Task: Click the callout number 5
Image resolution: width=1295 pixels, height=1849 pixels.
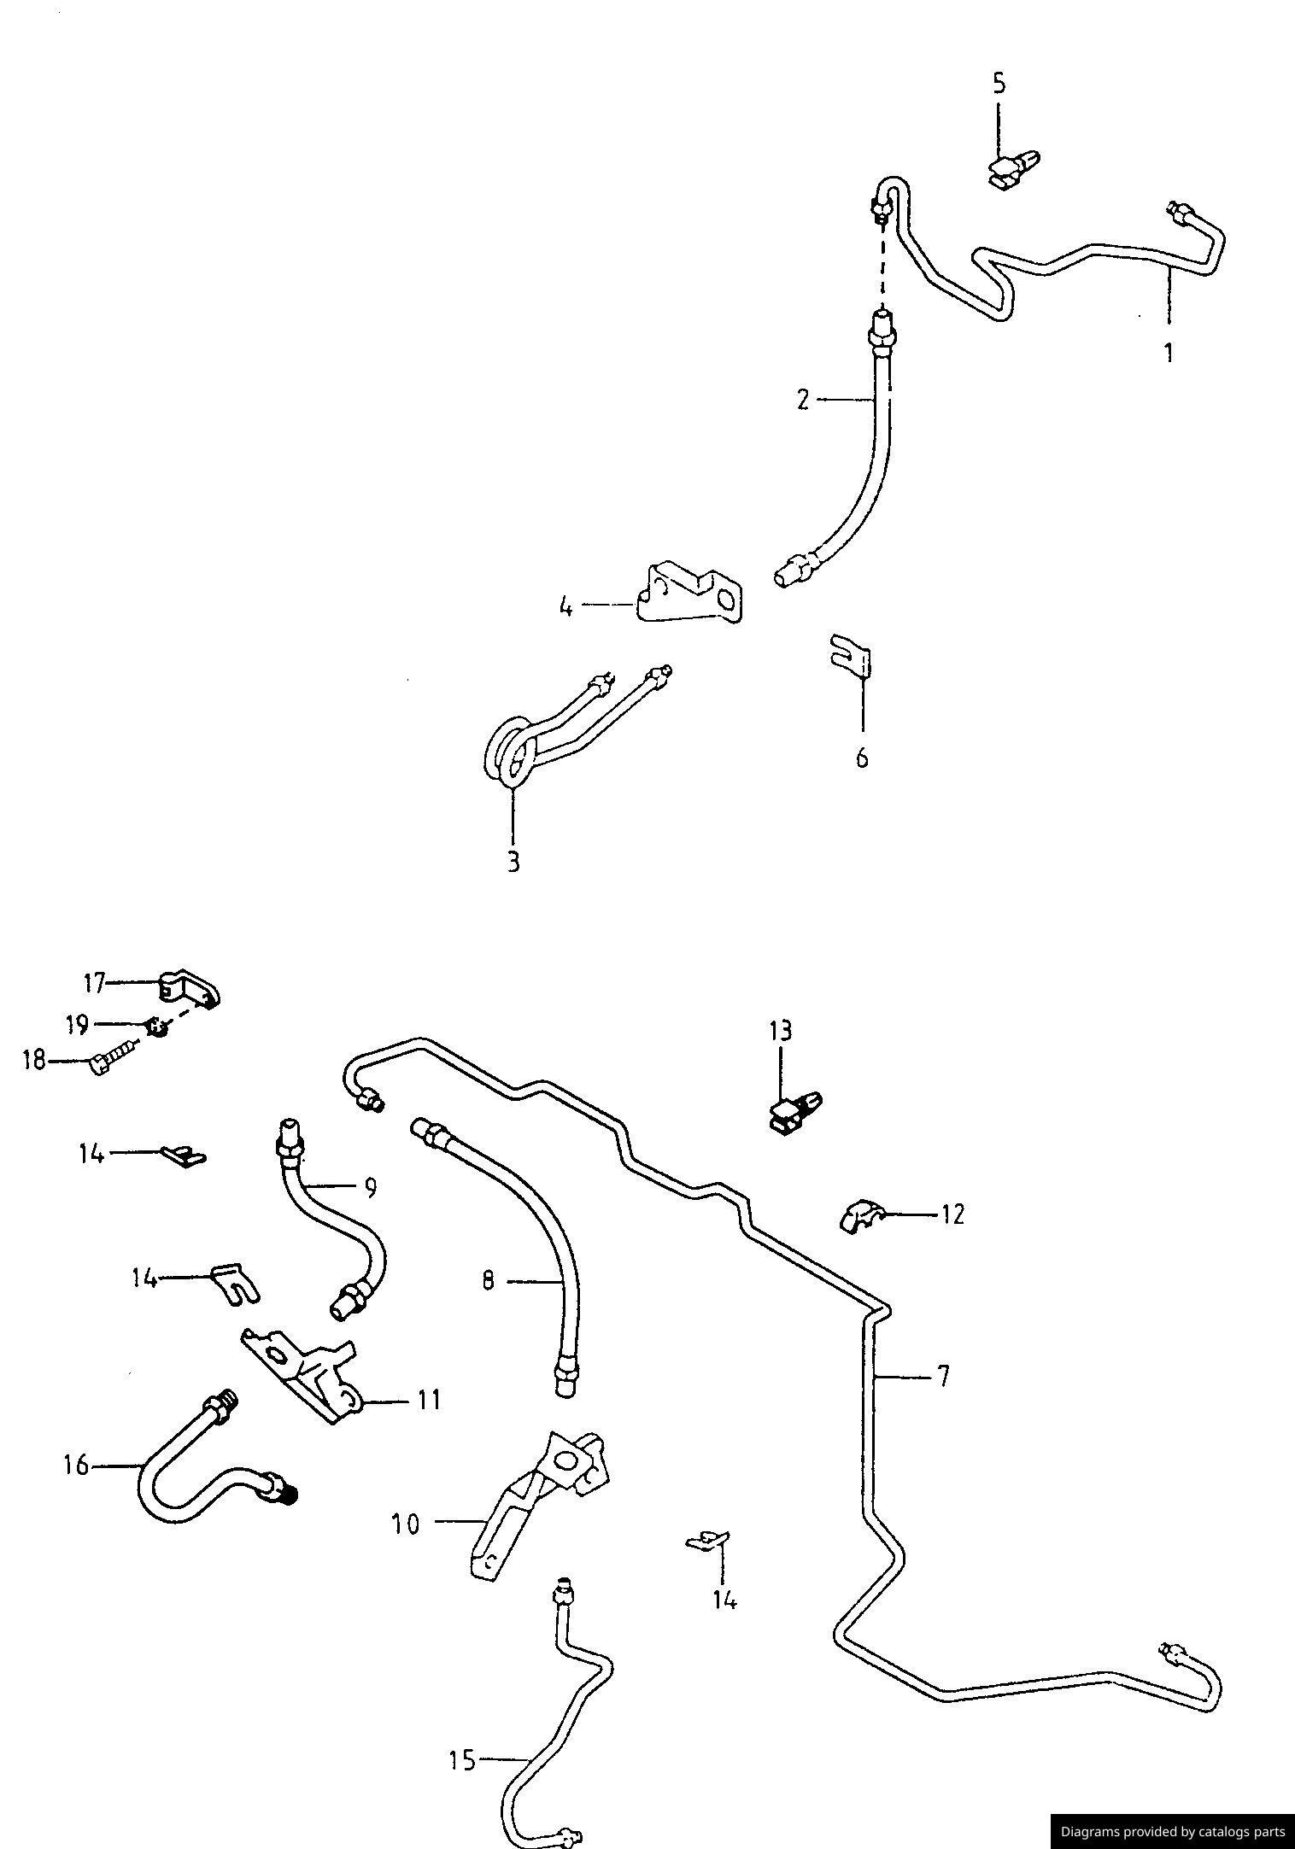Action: (999, 84)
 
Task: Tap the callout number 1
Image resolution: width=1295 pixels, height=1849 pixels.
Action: (1169, 352)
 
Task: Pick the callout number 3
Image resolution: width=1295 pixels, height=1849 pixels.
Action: (513, 862)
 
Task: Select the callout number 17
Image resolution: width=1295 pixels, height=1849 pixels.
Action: (94, 984)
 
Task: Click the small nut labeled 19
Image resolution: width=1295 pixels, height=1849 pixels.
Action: (156, 1026)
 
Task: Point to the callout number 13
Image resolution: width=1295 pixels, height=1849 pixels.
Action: (780, 1031)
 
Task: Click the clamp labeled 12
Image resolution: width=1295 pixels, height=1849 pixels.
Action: (861, 1214)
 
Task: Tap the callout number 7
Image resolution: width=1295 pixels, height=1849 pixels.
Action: (942, 1377)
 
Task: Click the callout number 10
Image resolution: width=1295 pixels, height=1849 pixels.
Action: (406, 1524)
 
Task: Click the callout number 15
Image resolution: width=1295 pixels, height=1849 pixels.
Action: (462, 1761)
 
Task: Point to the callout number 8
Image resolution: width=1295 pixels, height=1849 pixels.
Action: (488, 1281)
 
